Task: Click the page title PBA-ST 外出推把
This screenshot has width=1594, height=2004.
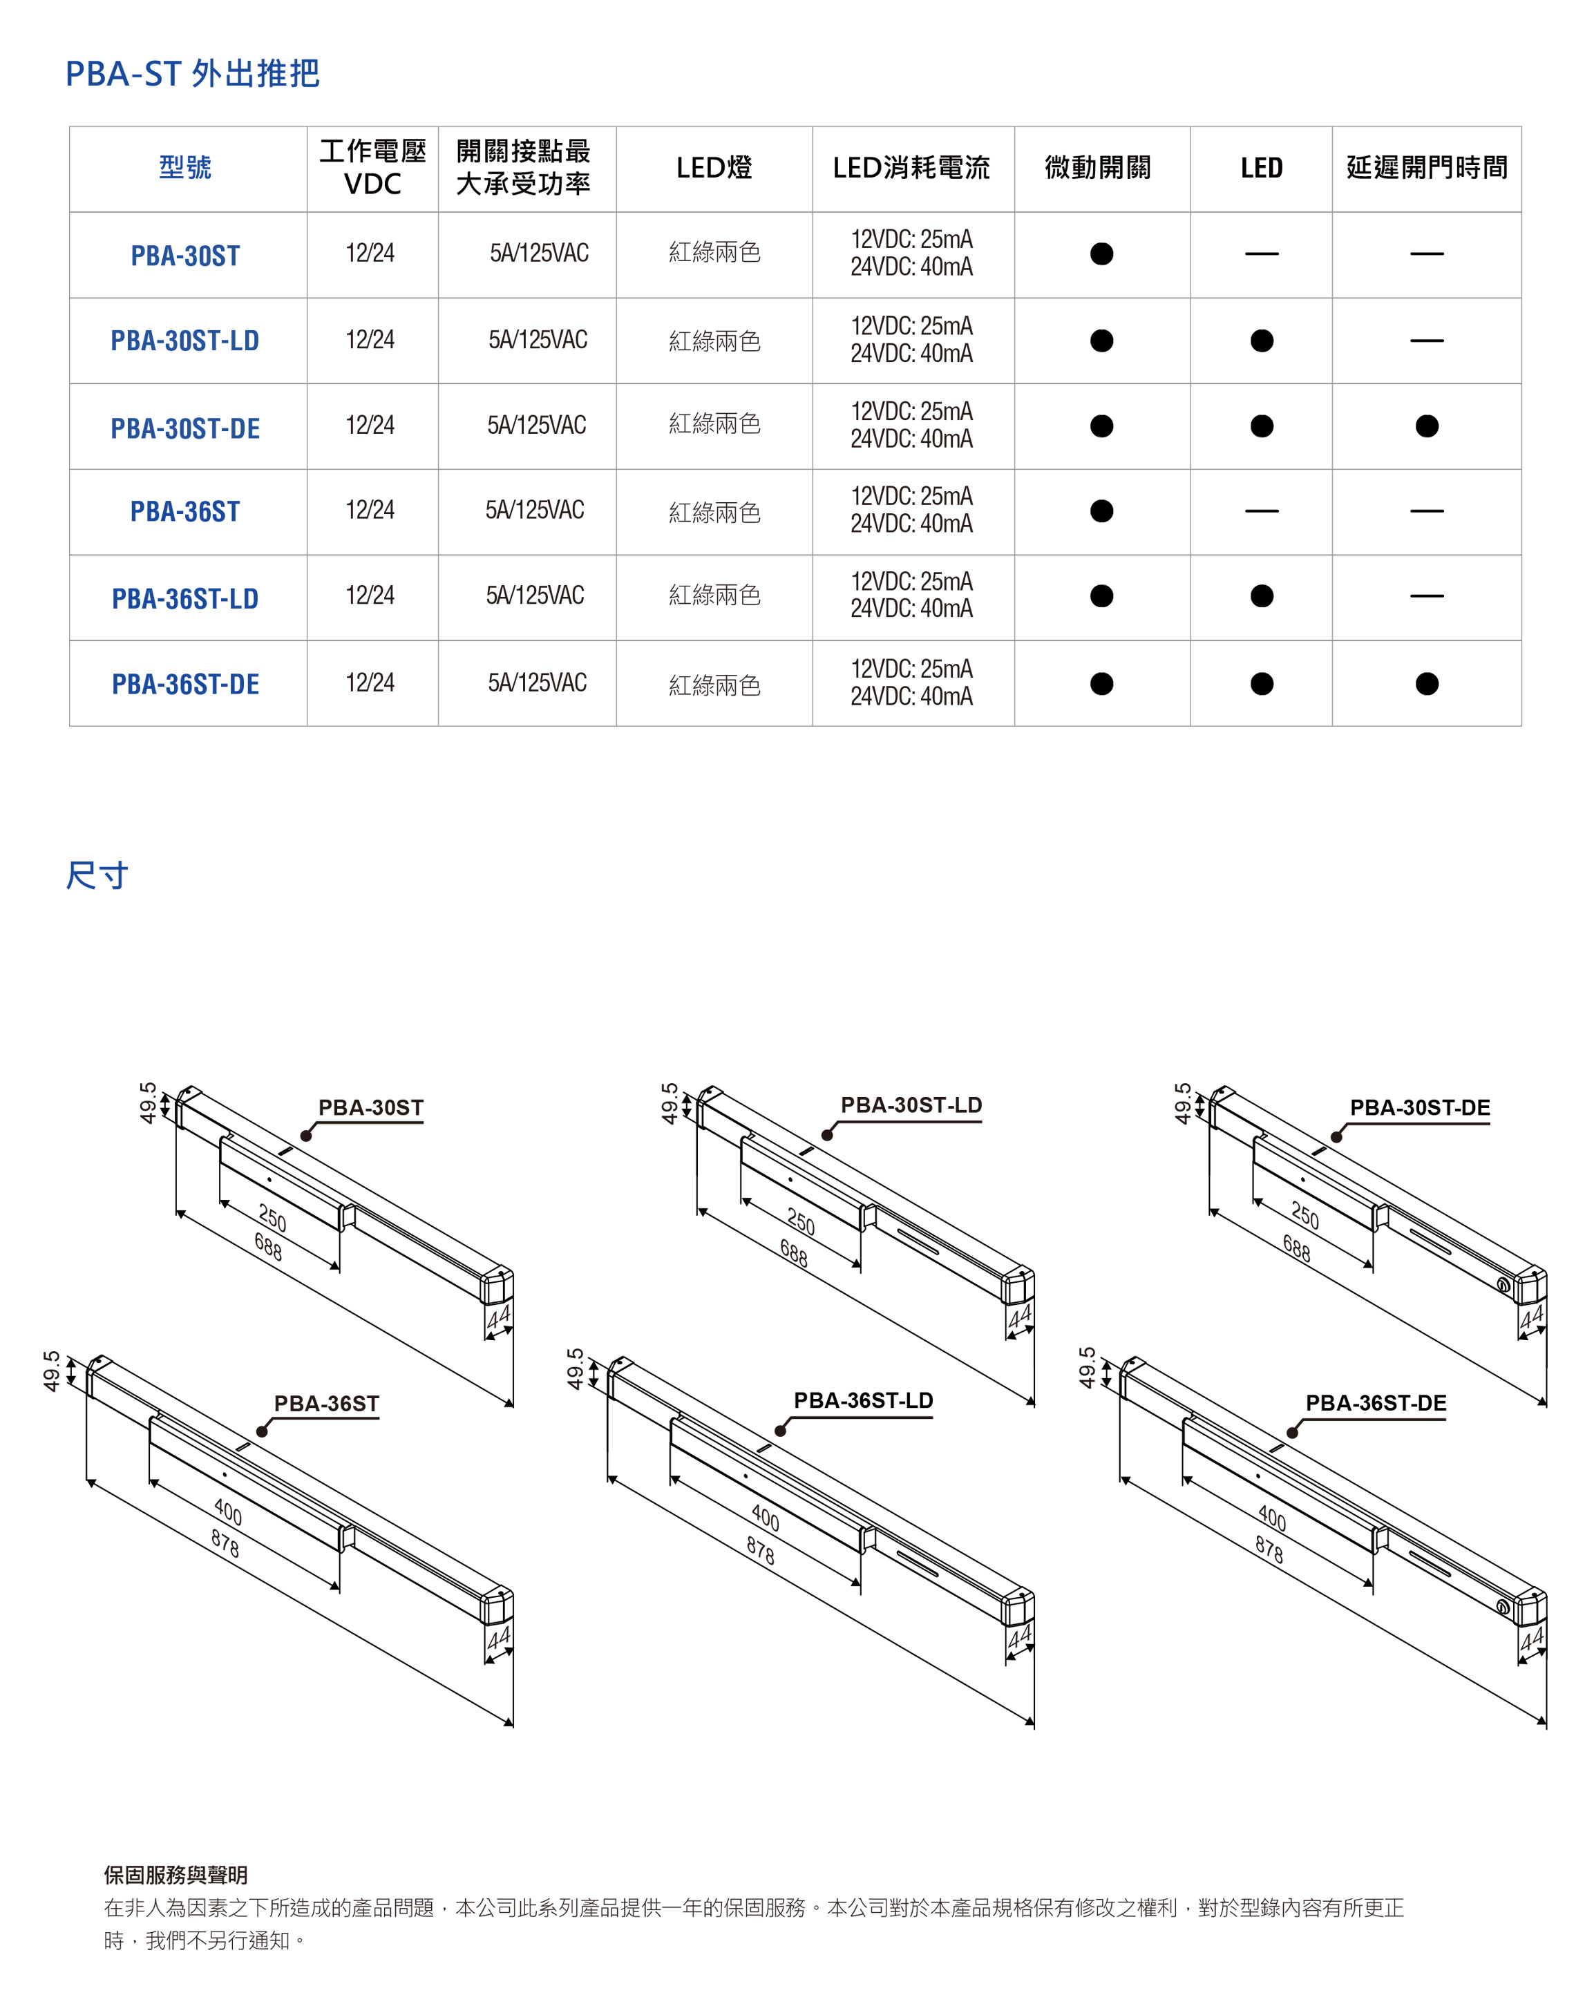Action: [192, 73]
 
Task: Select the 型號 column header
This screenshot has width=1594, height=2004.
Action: [185, 167]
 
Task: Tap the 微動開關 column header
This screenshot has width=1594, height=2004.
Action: [1098, 167]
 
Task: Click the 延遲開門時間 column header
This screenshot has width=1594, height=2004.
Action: [1426, 167]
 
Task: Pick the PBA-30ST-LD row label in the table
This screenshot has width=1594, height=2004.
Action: [185, 340]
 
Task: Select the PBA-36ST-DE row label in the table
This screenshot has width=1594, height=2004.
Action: [185, 684]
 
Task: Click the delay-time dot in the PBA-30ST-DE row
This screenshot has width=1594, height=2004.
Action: [1426, 426]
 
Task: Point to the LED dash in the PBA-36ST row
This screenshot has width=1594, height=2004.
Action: [1261, 510]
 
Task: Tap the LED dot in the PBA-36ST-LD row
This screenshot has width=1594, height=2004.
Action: [1261, 595]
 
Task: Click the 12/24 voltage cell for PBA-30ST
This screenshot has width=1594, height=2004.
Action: [370, 253]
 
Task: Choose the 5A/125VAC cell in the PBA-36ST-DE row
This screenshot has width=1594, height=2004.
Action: [538, 683]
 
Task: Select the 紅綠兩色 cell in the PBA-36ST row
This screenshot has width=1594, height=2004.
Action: [714, 512]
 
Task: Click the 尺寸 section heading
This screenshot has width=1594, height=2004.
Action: [97, 875]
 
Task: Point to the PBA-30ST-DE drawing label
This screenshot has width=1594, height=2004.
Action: [1419, 1107]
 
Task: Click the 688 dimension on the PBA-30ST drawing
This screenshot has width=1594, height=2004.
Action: [267, 1246]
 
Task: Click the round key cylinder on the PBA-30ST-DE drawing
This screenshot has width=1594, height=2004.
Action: [1503, 1285]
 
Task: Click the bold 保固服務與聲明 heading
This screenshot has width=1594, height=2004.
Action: [175, 1875]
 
